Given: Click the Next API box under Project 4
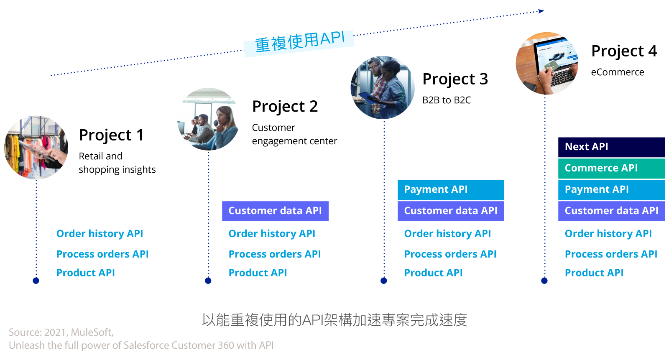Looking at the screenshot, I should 611,147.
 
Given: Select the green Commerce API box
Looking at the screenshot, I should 611,168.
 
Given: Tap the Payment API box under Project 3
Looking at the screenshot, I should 450,190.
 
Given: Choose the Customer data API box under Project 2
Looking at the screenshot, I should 275,211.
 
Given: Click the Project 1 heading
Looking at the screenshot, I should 111,135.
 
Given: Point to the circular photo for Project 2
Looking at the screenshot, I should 208,119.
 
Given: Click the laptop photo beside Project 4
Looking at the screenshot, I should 547,64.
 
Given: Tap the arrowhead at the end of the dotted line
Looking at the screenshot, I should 541,11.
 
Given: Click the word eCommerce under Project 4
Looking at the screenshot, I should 617,72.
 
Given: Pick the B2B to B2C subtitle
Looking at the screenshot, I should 446,100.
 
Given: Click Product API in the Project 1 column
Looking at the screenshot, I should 86,273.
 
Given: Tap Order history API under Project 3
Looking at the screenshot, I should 447,234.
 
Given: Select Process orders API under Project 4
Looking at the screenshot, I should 611,254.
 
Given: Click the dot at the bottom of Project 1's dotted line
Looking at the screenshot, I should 36,281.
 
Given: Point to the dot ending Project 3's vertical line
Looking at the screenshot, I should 384,281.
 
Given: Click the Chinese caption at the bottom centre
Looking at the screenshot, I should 334,320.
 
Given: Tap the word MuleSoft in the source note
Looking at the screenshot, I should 92,332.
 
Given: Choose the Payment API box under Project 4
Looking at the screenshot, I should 611,190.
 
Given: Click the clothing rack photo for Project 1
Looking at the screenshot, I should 36,148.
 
